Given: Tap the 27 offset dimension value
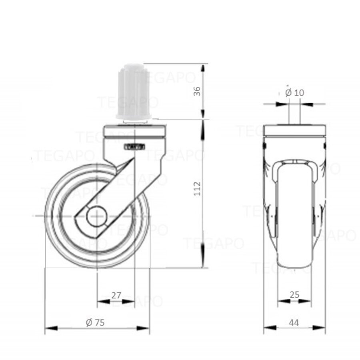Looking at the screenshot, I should click(116, 296).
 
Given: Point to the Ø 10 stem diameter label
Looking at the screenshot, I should click(295, 92).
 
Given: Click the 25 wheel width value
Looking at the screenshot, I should click(294, 295).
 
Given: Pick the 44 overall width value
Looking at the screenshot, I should click(294, 322).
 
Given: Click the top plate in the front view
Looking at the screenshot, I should click(294, 131).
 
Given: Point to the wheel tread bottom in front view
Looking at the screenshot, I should click(294, 264).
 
